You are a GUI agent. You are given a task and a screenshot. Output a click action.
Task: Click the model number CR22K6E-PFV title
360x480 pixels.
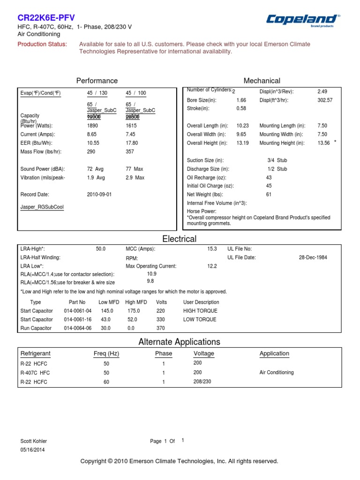click(46, 18)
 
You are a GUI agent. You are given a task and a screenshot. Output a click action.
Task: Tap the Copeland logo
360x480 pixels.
click(302, 20)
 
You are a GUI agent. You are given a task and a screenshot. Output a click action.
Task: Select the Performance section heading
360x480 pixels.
click(97, 81)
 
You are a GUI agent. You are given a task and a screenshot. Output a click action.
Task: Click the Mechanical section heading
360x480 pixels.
click(262, 81)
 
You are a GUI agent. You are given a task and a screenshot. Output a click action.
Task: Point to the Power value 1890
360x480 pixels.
click(93, 126)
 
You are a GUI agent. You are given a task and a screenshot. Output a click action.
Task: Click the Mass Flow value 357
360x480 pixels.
click(130, 151)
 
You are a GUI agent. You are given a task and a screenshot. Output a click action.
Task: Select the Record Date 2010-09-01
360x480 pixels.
click(99, 194)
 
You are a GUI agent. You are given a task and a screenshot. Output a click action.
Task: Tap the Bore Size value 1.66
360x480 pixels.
click(241, 100)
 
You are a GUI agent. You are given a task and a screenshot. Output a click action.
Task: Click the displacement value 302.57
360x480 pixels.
click(325, 100)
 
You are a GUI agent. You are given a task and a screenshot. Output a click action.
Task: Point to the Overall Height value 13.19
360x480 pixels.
click(243, 143)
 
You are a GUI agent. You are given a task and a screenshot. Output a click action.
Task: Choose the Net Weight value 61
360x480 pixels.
click(269, 194)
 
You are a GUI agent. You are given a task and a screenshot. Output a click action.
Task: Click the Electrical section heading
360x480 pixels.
click(179, 239)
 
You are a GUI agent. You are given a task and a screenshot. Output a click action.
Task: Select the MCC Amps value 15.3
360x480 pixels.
click(212, 249)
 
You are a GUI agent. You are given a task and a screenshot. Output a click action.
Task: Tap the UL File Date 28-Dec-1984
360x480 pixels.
click(313, 257)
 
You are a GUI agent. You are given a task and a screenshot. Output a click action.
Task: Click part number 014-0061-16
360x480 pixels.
click(78, 319)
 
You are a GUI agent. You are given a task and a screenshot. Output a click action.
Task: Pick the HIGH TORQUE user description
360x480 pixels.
click(199, 311)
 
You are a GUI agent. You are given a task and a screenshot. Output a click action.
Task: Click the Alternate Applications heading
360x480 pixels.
click(179, 342)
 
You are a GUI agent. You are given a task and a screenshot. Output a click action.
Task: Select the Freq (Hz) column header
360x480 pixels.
click(106, 353)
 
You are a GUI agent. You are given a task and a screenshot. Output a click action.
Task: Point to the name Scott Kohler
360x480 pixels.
click(34, 441)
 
